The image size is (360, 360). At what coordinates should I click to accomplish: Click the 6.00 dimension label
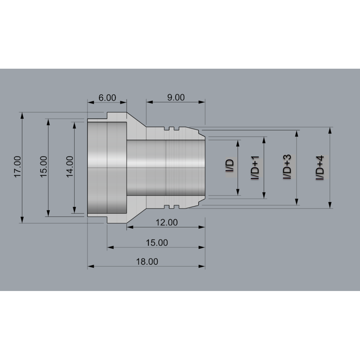tap(107, 98)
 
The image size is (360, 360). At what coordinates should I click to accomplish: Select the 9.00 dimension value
tap(176, 97)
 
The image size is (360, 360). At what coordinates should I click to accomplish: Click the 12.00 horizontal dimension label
tap(166, 223)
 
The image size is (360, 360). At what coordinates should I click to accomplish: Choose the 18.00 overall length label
tap(147, 262)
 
